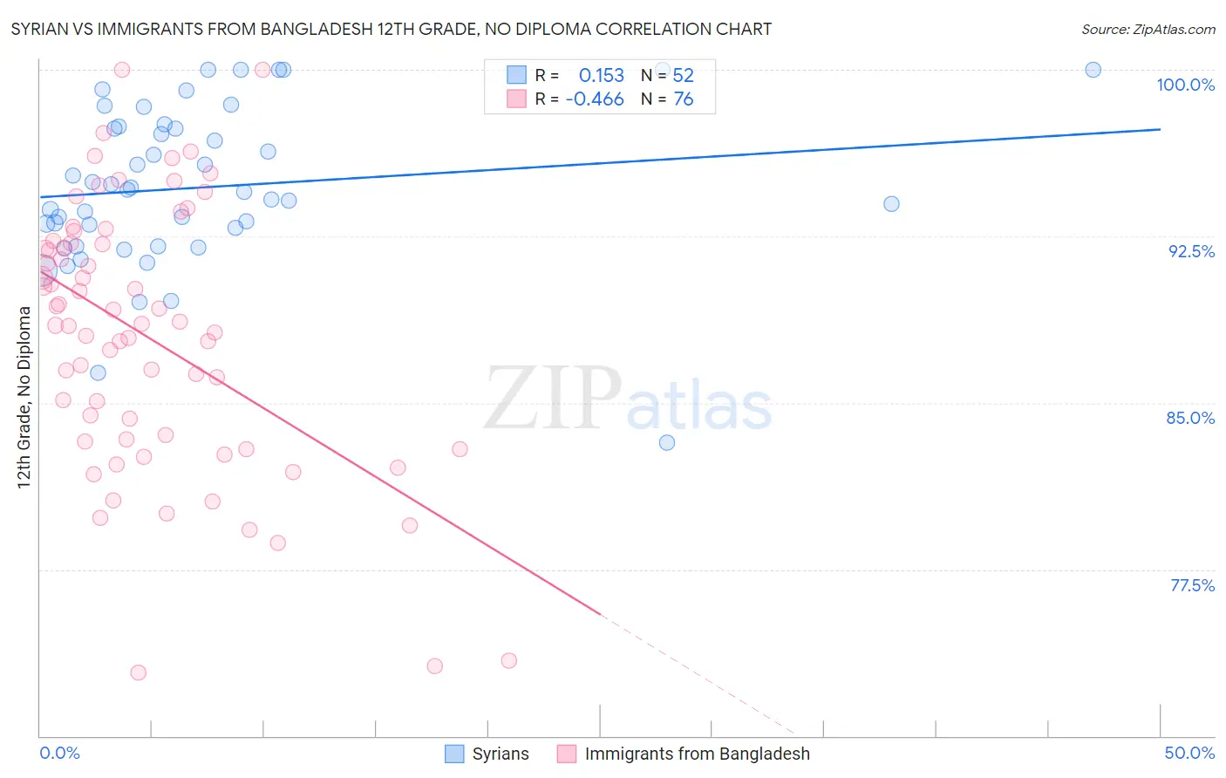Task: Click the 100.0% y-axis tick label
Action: click(x=1185, y=85)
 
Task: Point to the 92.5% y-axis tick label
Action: click(x=1191, y=251)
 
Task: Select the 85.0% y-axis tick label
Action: click(x=1190, y=418)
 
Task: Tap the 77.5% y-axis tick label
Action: click(x=1192, y=585)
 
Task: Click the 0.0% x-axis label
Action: click(x=59, y=753)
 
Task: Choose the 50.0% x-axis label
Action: click(x=1189, y=753)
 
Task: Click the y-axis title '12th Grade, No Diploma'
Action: click(x=24, y=397)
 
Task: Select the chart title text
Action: click(x=391, y=29)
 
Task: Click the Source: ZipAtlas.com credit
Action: click(x=1148, y=29)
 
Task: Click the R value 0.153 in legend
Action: click(x=602, y=76)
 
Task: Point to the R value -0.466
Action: click(x=595, y=99)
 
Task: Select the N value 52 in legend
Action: click(x=683, y=76)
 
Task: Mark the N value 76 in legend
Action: click(x=683, y=99)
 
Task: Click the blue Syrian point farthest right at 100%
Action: click(x=1093, y=70)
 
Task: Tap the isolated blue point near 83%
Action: click(x=667, y=442)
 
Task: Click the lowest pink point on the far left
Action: click(x=138, y=672)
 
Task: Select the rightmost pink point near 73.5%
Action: click(x=509, y=660)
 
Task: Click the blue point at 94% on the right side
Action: click(x=891, y=204)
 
